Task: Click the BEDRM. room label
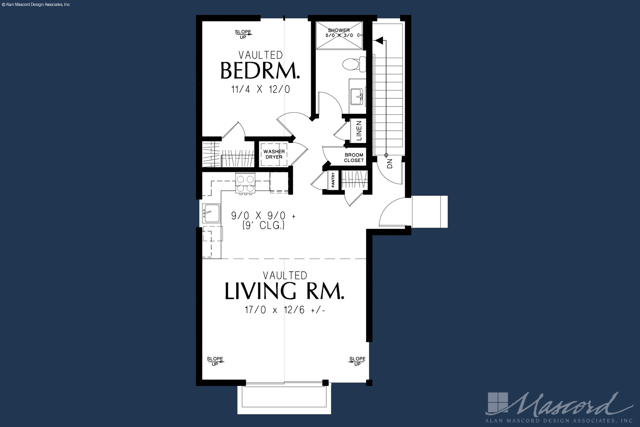pos(260,70)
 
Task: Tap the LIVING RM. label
pos(284,291)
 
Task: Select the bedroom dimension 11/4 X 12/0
pos(261,89)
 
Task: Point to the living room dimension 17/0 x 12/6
pos(285,310)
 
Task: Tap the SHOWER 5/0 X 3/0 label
pos(339,32)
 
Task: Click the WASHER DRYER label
pos(274,154)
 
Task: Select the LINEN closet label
pos(359,131)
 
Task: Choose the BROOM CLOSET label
pos(354,158)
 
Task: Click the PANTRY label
pos(333,180)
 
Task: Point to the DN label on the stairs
pos(390,164)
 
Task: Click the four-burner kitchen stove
pos(245,183)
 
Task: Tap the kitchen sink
pos(211,213)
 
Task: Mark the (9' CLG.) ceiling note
pos(264,226)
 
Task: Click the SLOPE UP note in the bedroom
pos(243,34)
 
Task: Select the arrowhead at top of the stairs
pos(379,41)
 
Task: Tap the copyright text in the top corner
pos(36,5)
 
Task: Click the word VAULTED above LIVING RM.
pos(285,276)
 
